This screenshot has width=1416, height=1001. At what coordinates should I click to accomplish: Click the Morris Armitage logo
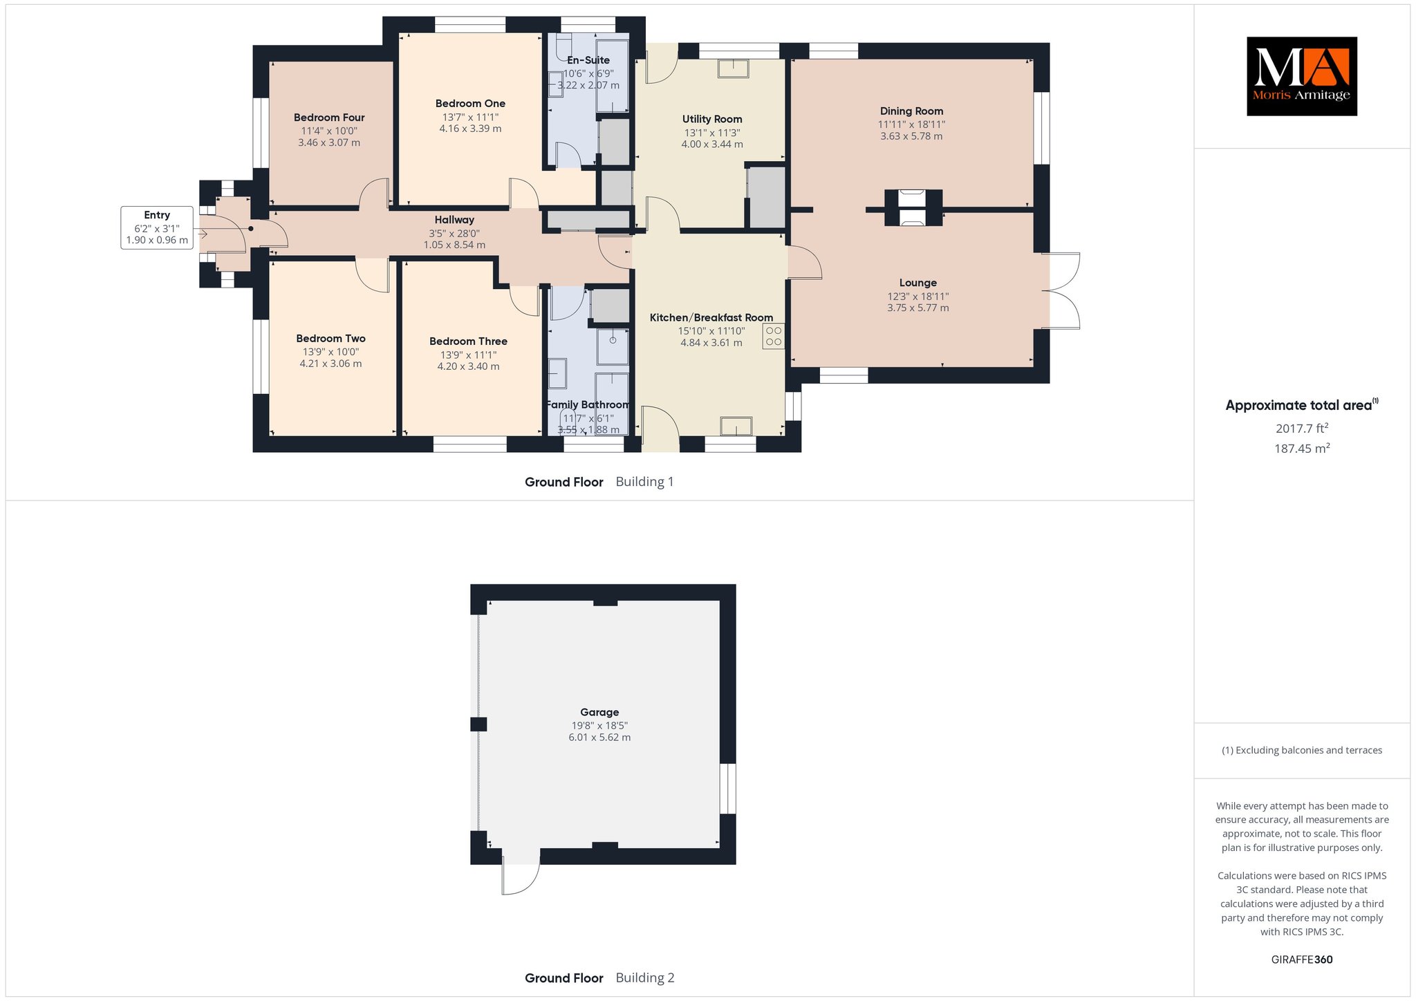(1301, 76)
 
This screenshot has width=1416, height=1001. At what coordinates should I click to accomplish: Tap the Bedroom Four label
(329, 118)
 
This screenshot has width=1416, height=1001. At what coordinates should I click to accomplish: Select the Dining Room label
(911, 111)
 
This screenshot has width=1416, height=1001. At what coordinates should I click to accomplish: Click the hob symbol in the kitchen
(774, 336)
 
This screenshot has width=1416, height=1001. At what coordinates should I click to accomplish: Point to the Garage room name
(599, 712)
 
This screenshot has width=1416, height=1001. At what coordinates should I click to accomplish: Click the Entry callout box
(157, 227)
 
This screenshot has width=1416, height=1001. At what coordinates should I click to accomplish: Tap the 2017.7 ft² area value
(1302, 428)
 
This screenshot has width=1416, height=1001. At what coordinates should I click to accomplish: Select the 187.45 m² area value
(1302, 448)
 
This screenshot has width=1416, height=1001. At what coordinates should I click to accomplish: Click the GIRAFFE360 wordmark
(1302, 960)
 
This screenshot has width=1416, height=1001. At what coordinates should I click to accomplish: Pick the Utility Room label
(712, 119)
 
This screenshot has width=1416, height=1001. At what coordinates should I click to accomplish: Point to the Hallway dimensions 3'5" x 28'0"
(454, 233)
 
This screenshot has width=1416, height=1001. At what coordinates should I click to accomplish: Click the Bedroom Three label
(468, 342)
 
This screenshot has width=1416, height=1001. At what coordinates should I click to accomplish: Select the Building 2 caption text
(644, 977)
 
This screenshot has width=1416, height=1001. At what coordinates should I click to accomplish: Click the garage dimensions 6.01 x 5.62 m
(599, 738)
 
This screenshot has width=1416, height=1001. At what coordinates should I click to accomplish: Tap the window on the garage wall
(727, 788)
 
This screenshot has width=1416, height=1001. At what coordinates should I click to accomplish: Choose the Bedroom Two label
(330, 339)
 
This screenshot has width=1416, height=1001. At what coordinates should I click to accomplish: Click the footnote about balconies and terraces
(1302, 750)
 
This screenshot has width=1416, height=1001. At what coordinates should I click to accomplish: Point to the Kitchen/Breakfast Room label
(711, 318)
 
